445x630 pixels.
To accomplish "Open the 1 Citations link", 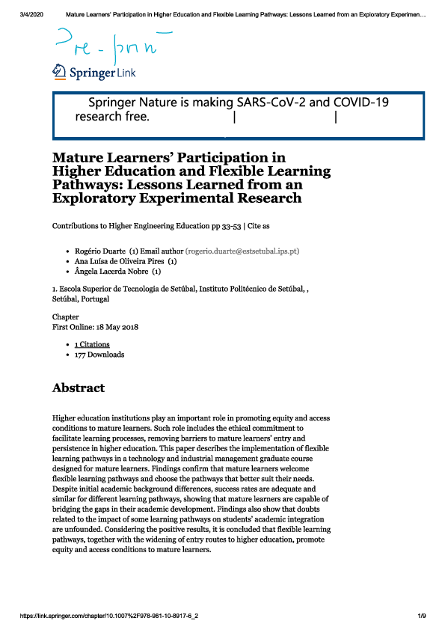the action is (x=92, y=344).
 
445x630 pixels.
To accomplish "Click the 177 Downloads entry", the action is (x=99, y=355).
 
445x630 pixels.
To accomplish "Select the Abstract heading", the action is (x=79, y=388).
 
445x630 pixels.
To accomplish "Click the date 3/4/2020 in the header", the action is (x=30, y=14).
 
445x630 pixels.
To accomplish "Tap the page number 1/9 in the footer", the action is (x=421, y=615).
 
